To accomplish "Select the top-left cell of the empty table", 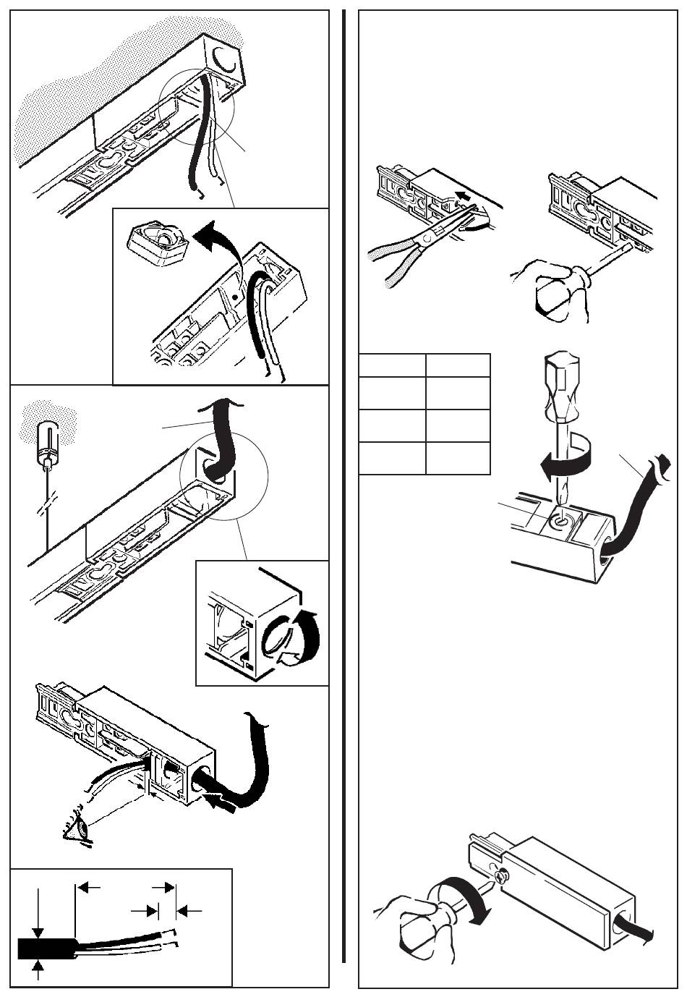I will coord(392,365).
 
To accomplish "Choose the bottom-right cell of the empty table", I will coord(458,458).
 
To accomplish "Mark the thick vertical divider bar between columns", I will coord(343,485).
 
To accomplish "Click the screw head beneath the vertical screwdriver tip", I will coord(558,519).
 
